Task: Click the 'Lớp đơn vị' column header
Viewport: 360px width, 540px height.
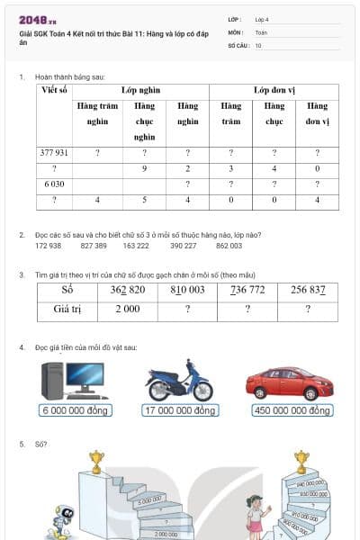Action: pyautogui.click(x=273, y=92)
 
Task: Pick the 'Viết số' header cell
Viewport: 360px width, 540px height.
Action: pyautogui.click(x=54, y=92)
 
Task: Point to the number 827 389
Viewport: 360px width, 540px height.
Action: pyautogui.click(x=94, y=245)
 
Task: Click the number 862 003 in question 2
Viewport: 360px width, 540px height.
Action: pyautogui.click(x=229, y=245)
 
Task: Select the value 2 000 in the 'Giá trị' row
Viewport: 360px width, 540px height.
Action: pyautogui.click(x=127, y=310)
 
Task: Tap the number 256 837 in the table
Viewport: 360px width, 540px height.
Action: pyautogui.click(x=308, y=290)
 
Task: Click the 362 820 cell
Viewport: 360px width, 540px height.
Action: pyautogui.click(x=127, y=290)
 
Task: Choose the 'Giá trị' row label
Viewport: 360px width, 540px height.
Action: pyautogui.click(x=67, y=310)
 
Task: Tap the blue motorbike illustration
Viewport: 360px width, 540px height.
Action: pyautogui.click(x=179, y=381)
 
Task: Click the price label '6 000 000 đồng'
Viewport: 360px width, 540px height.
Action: pyautogui.click(x=75, y=410)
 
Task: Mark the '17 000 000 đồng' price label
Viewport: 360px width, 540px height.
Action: pyautogui.click(x=180, y=410)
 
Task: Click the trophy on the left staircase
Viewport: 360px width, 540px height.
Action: pyautogui.click(x=96, y=462)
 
